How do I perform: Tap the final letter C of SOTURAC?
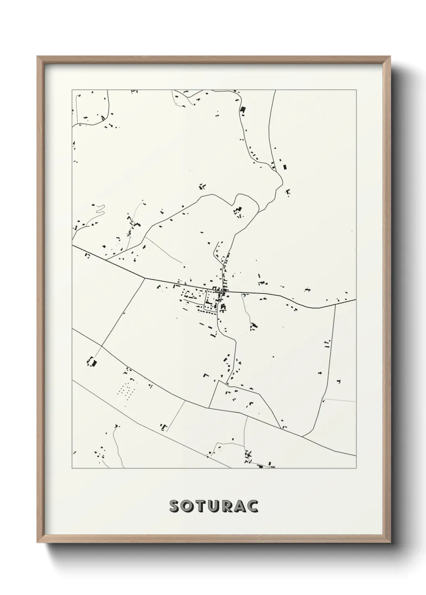pos(252,507)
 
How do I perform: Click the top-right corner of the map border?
pos(356,90)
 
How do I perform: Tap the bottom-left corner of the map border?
pos(72,468)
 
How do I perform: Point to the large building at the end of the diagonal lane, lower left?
pos(93,362)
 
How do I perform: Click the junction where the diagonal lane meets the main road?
pos(144,278)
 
